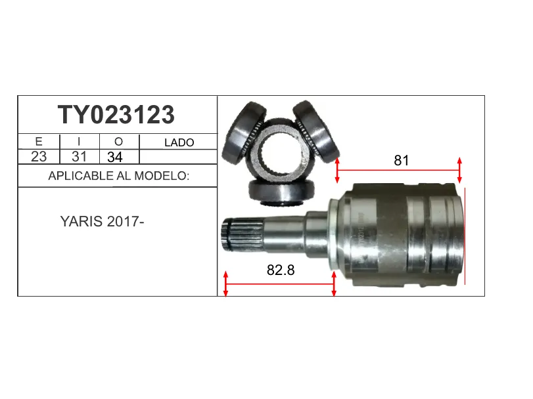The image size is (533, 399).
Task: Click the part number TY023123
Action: [x=116, y=115]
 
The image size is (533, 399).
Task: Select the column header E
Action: [x=39, y=142]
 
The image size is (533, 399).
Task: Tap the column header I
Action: [x=79, y=142]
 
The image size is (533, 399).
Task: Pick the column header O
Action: [x=119, y=142]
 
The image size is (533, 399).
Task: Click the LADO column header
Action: [x=179, y=142]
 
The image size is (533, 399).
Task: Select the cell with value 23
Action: [x=39, y=157]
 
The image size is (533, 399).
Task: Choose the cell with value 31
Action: [x=80, y=157]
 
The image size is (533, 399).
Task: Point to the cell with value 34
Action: [x=115, y=157]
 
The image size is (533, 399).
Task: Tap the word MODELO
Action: [x=162, y=176]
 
